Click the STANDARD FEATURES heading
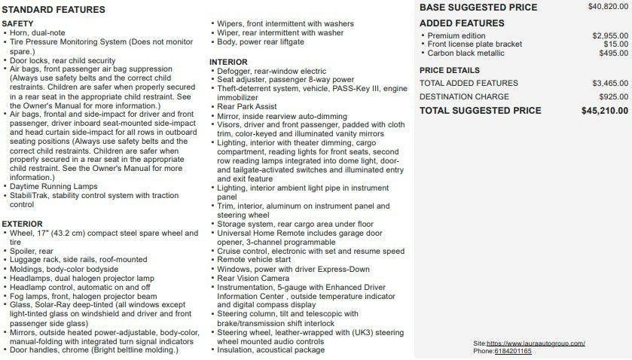[x=53, y=10]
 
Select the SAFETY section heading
[x=17, y=24]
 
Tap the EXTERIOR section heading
[x=22, y=224]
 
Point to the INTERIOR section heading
[x=228, y=62]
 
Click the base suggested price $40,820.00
[x=608, y=7]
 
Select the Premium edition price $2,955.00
[x=610, y=35]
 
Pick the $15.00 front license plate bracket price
[x=615, y=44]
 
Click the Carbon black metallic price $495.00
[x=613, y=53]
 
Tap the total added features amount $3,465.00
[x=610, y=83]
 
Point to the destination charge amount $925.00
[x=613, y=97]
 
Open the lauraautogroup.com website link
[x=536, y=343]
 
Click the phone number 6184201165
[x=513, y=352]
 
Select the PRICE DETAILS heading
[x=449, y=70]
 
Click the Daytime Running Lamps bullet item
[x=53, y=187]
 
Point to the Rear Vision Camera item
[x=253, y=278]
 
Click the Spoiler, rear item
[x=32, y=251]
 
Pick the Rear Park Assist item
[x=246, y=107]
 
